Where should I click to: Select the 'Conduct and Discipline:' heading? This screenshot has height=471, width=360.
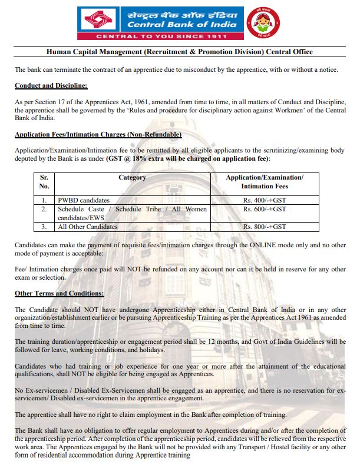(51, 86)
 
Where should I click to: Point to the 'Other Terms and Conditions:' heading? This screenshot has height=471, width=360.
(59, 293)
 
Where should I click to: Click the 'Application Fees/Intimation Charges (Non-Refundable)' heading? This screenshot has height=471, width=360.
(98, 135)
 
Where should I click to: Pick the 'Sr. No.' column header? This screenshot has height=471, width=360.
(44, 181)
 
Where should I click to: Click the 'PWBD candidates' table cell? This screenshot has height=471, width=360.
(84, 200)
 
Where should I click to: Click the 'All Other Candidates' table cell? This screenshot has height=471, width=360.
(87, 227)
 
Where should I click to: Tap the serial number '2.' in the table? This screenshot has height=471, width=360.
(44, 209)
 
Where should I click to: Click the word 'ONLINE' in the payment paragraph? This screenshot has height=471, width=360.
(262, 244)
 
